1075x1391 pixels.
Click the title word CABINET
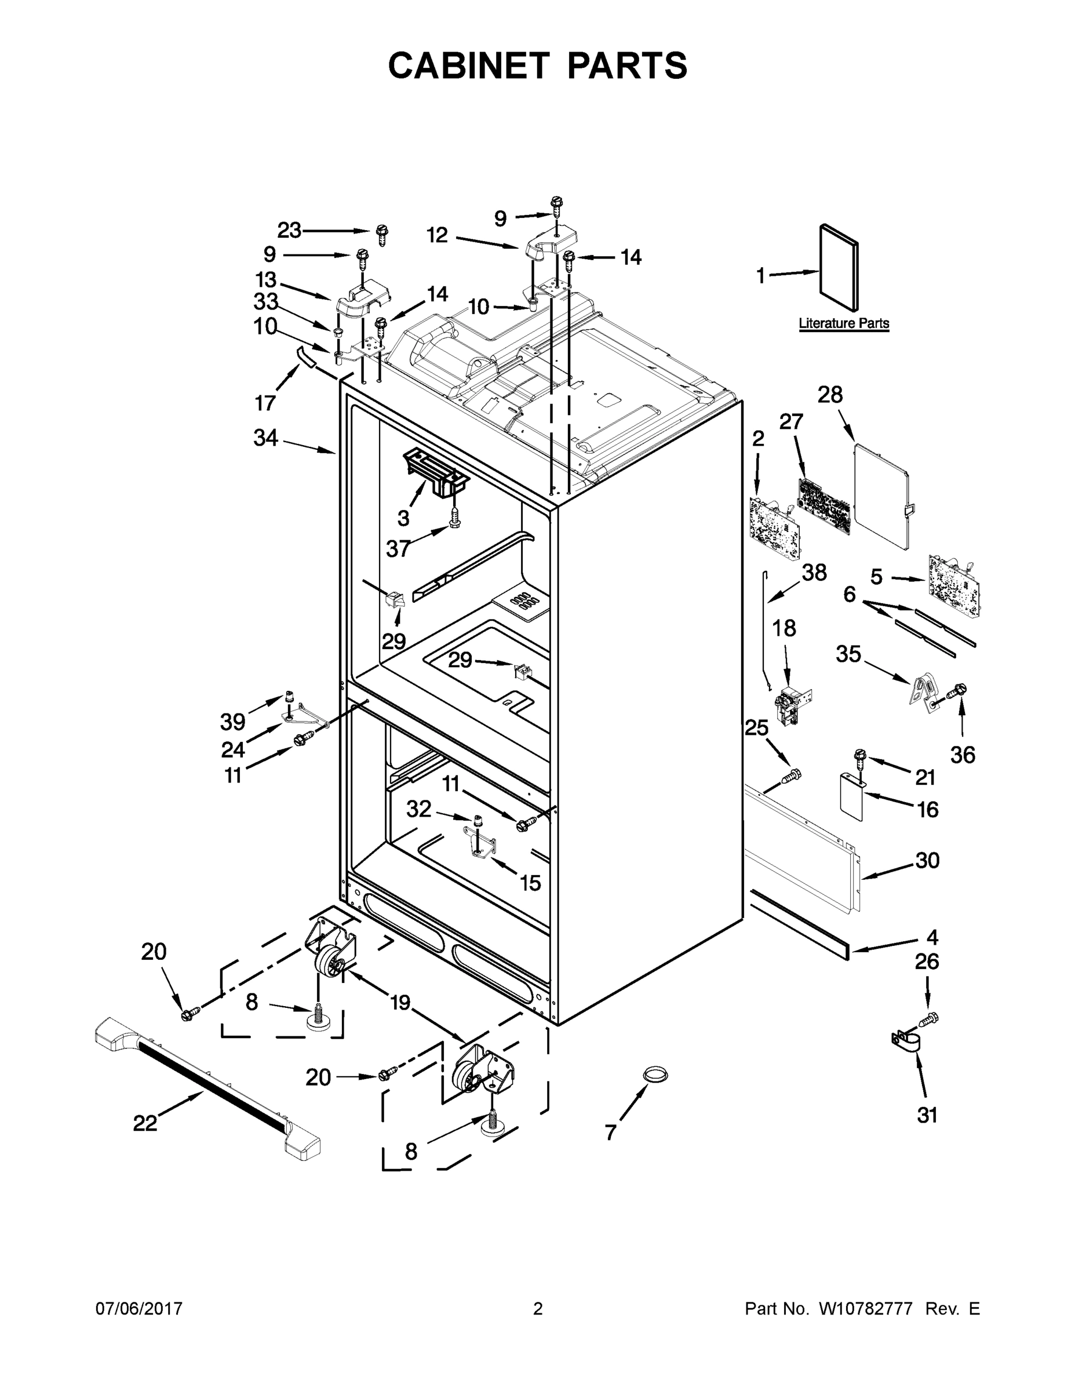click(468, 65)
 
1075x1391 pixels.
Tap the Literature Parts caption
click(843, 323)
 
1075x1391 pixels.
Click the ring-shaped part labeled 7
click(655, 1075)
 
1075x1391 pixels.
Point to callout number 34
click(265, 438)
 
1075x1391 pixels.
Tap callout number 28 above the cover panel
click(830, 395)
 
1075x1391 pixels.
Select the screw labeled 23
click(382, 234)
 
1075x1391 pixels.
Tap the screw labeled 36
click(957, 690)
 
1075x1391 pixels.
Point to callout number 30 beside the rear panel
click(927, 860)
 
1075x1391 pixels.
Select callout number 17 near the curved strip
click(265, 403)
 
